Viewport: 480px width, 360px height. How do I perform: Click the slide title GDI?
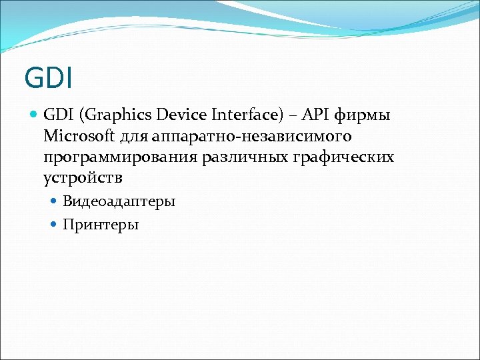[x=48, y=77]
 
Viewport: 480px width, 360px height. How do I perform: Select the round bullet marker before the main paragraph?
[x=34, y=115]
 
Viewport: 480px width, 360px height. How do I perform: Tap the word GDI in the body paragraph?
[x=59, y=115]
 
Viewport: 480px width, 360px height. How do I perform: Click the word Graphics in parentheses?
[x=115, y=116]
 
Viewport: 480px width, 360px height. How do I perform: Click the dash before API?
[x=291, y=116]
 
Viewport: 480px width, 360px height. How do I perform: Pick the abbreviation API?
[x=315, y=115]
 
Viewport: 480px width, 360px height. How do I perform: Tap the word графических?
[x=345, y=158]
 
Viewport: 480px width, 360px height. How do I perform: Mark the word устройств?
[x=83, y=179]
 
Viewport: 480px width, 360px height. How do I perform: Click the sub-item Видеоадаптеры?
[x=119, y=201]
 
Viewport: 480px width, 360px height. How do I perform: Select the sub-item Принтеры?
[x=101, y=225]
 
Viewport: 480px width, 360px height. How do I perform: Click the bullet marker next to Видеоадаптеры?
[x=55, y=201]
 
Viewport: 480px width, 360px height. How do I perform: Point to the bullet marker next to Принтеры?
[x=55, y=225]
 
